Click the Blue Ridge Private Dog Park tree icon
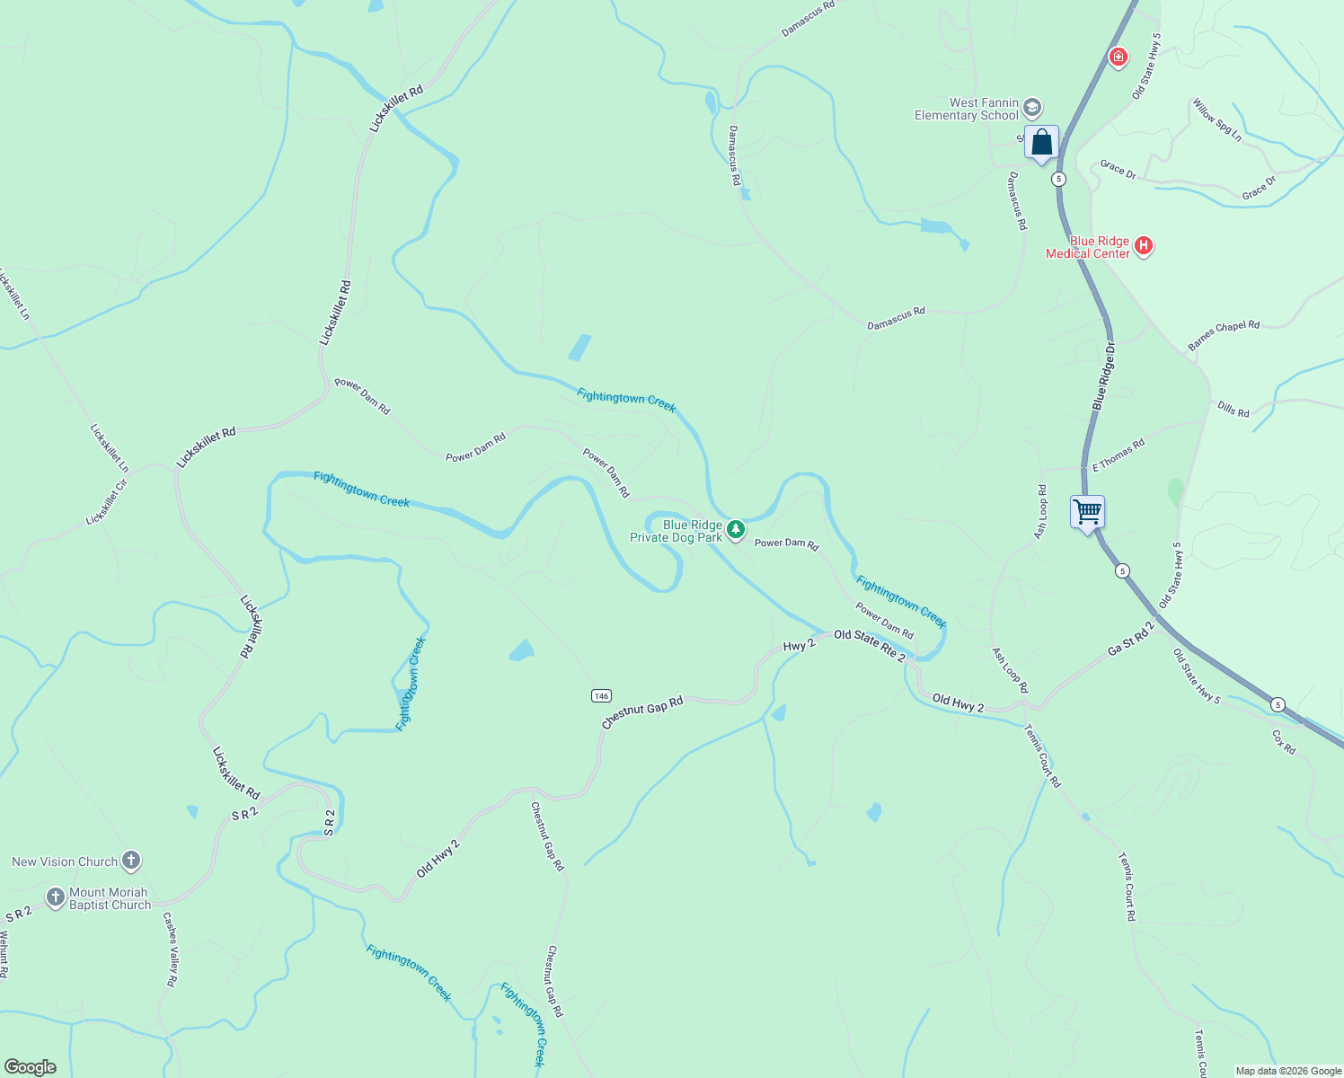click(x=736, y=529)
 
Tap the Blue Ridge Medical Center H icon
click(x=1144, y=245)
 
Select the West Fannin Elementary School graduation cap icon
click(x=1032, y=108)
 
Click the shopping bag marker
click(x=1042, y=143)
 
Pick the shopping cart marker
click(x=1088, y=512)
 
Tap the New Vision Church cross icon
click(x=131, y=862)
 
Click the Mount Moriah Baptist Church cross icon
click(x=56, y=897)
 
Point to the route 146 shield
click(x=601, y=695)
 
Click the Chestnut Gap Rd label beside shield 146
click(x=642, y=712)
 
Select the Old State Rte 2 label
click(x=870, y=644)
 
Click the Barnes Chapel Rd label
click(x=1224, y=335)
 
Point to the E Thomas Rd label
click(x=1119, y=455)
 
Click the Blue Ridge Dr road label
click(x=1104, y=376)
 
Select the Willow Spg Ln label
click(x=1217, y=119)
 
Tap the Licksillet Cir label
click(x=107, y=503)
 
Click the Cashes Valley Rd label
click(x=170, y=950)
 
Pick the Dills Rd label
click(x=1233, y=410)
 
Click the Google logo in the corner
click(x=30, y=1067)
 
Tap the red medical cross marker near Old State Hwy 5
click(x=1119, y=57)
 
